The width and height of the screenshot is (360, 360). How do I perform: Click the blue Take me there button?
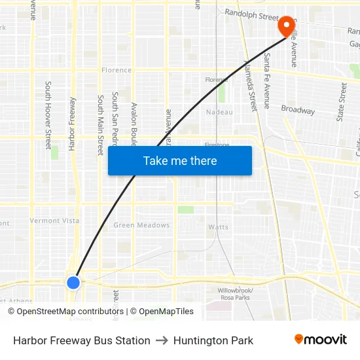[x=180, y=161]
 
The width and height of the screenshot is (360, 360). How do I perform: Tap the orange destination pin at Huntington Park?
[x=286, y=26]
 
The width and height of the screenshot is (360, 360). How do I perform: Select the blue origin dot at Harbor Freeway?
[x=73, y=282]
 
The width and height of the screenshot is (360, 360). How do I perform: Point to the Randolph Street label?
[x=252, y=12]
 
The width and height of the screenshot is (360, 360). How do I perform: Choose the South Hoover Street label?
[x=48, y=115]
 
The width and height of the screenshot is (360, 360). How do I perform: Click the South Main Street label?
[x=101, y=124]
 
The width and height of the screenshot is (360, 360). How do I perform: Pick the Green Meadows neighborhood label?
[x=141, y=225]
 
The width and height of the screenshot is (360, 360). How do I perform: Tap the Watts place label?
[x=218, y=227]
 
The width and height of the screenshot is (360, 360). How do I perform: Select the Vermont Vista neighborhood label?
[x=54, y=221]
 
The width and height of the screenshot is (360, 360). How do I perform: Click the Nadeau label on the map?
[x=219, y=112]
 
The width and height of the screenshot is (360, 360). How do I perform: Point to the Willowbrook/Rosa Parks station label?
[x=235, y=293]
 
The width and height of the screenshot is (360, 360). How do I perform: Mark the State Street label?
[x=342, y=101]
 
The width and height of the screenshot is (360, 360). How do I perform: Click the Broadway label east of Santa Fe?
[x=298, y=109]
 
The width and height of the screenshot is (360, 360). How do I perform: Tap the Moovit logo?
[x=321, y=339]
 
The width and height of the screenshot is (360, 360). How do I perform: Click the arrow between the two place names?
[x=162, y=340]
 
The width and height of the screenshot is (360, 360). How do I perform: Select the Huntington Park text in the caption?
[x=213, y=340]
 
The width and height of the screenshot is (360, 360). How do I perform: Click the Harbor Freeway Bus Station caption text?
[x=82, y=340]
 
